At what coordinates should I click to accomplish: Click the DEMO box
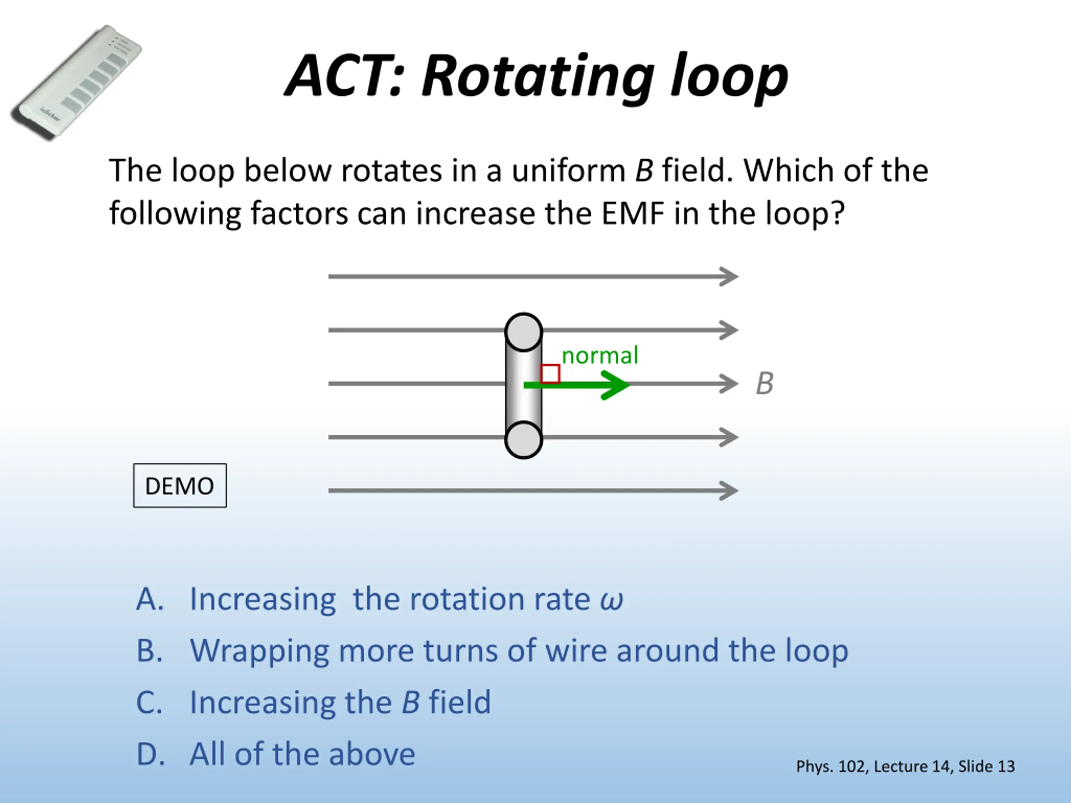179,486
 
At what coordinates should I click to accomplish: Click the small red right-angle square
551,373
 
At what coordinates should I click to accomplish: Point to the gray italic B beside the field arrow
764,384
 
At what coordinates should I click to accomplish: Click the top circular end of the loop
523,332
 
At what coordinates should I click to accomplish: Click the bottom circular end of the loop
523,440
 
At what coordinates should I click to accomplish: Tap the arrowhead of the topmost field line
729,276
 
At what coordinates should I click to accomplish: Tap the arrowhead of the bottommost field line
729,490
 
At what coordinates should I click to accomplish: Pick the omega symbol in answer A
611,600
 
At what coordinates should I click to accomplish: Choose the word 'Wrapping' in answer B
259,652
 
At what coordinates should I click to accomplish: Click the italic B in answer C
410,702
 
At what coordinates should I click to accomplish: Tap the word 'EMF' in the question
632,213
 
